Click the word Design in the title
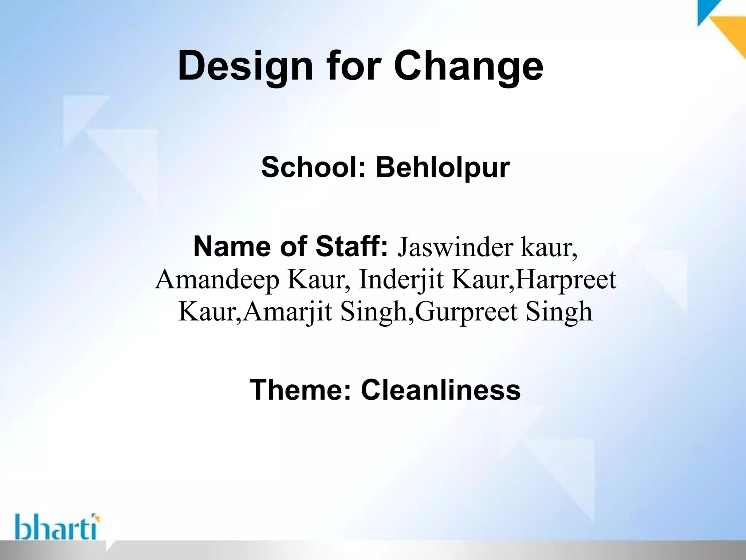245,67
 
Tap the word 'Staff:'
352,247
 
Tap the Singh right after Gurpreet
559,313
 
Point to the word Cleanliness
441,390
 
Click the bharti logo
58,527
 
